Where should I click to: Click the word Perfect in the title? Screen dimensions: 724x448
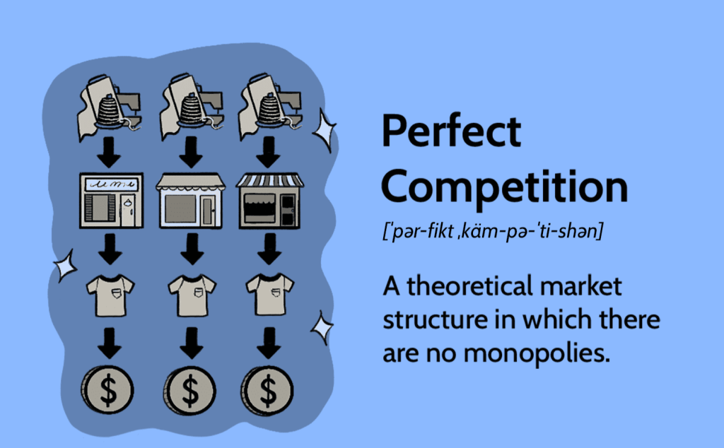coord(451,131)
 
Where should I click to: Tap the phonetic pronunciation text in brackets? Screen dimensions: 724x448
coord(492,230)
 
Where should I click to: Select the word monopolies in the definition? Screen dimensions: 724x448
coord(537,354)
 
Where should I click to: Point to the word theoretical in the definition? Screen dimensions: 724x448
coord(468,286)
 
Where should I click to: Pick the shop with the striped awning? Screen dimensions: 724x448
coord(269,201)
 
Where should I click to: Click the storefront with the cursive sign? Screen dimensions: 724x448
coord(111,201)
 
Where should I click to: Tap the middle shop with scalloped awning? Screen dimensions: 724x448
coord(190,201)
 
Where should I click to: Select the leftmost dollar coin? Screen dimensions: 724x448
coord(107,389)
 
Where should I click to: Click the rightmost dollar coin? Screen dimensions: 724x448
coord(267,390)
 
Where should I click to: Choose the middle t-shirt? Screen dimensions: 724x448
coord(192,295)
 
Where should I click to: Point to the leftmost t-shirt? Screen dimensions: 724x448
coord(110,295)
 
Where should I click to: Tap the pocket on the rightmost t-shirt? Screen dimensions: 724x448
coord(276,292)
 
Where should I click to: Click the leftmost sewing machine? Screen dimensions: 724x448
coord(110,107)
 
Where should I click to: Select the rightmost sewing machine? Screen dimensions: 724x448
coord(269,106)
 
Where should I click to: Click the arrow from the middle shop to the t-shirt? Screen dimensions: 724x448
coord(192,249)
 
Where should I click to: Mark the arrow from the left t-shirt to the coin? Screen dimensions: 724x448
coord(110,343)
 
